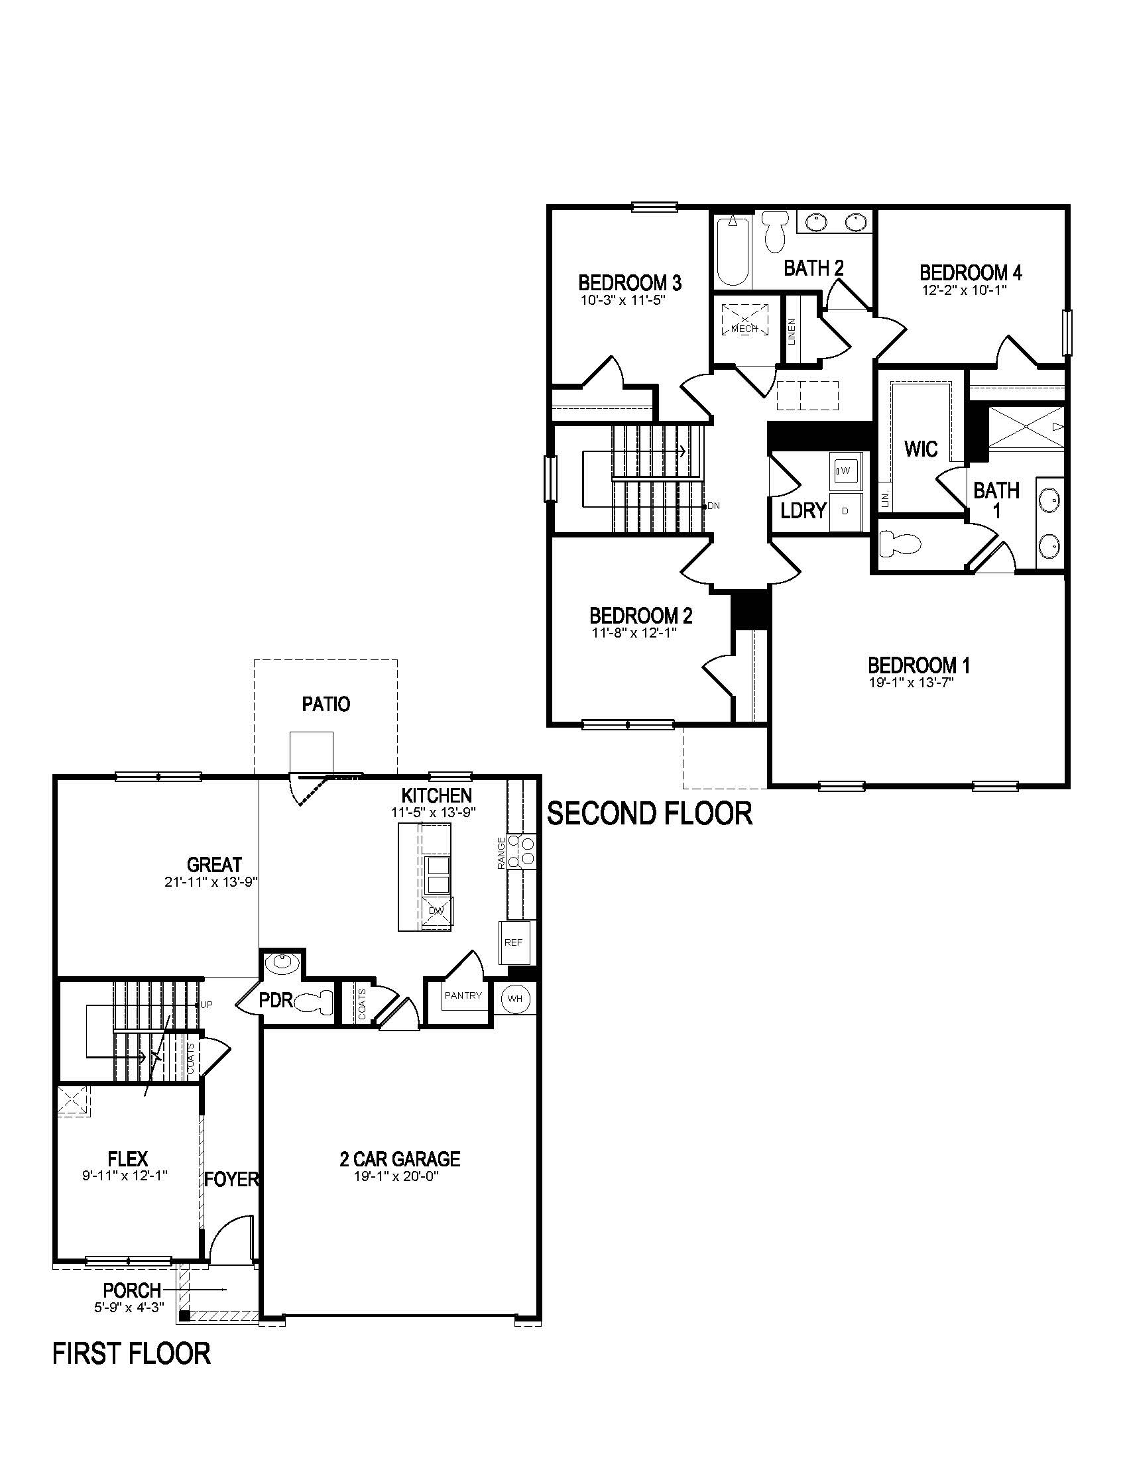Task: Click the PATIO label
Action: click(x=326, y=704)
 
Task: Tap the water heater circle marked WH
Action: click(x=514, y=999)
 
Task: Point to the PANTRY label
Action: click(x=463, y=995)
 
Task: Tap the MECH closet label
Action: click(x=744, y=329)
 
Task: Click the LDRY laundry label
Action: click(x=804, y=511)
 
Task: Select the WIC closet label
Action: click(x=921, y=449)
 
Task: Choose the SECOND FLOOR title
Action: click(x=650, y=814)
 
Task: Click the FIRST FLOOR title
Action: click(x=131, y=1354)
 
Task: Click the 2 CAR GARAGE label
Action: click(x=399, y=1158)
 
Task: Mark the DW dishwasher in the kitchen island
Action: click(x=438, y=911)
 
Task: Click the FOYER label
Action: click(x=231, y=1180)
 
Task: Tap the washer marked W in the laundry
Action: click(x=845, y=471)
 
